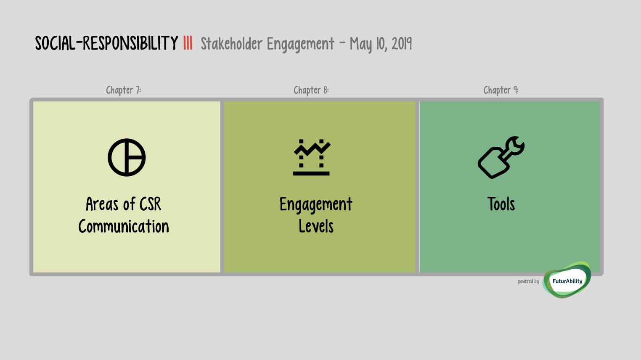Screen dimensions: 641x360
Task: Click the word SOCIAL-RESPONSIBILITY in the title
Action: pos(106,43)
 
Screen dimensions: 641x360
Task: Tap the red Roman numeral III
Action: pos(188,43)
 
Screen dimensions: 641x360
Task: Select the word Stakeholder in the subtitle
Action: pos(231,44)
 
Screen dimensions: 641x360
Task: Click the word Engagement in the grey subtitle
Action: pos(300,45)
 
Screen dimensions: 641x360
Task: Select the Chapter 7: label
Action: pos(124,90)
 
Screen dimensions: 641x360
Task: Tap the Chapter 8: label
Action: pos(311,90)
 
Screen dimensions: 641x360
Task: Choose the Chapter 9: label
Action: pos(501,90)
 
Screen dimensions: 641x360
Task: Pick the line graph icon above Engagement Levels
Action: pos(312,157)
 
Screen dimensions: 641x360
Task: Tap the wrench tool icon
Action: pos(501,157)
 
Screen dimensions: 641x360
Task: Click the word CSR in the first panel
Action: pos(150,204)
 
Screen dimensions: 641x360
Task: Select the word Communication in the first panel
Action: pos(124,226)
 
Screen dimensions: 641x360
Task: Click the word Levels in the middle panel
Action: pos(316,226)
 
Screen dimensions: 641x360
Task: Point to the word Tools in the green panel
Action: pos(501,204)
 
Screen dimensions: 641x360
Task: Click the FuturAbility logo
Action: pos(567,281)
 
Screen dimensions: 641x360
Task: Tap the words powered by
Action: pos(528,281)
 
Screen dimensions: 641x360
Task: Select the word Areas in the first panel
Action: pos(102,204)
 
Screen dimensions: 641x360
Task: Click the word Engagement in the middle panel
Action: pos(316,205)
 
